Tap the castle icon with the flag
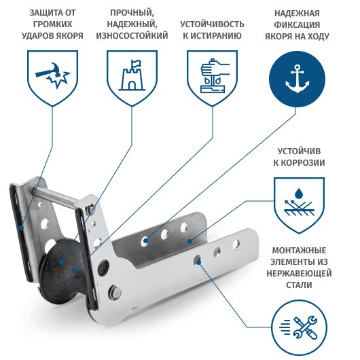pos(132,75)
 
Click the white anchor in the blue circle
pos(297,79)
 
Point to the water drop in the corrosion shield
pos(298,194)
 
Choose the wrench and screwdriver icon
pos(306,327)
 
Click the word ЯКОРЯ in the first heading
pos(70,36)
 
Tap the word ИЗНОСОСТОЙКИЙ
pos(132,36)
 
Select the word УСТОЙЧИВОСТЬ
pos(212,24)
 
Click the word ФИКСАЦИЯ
pos(297,25)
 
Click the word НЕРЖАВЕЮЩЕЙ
pos(299,274)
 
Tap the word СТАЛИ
pos(299,285)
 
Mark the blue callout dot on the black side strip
pos(21,228)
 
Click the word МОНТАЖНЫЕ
pos(299,250)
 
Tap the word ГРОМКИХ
pos(52,24)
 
